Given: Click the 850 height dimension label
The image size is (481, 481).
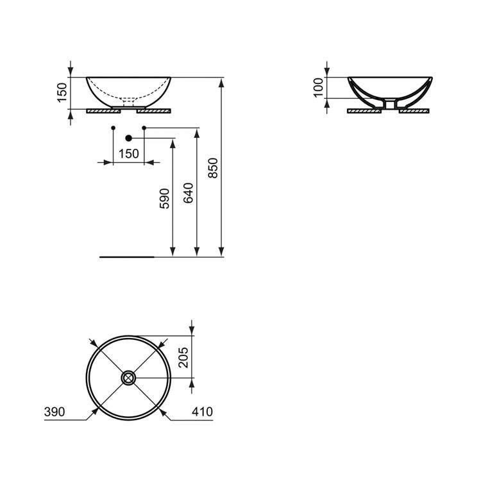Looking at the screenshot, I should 214,167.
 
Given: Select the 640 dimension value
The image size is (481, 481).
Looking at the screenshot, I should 188,193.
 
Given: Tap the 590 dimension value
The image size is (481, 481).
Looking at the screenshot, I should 164,199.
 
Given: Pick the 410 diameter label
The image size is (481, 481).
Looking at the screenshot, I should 202,411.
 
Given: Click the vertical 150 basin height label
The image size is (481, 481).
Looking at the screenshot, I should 62,92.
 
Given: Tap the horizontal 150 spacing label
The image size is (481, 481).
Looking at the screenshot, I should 128,153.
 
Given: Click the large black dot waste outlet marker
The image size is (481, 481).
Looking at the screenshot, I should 128,138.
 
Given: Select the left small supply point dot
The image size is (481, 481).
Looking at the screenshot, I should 113,128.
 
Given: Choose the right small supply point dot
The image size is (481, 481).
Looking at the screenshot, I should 144,128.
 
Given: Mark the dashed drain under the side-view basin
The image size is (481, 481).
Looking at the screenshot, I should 128,101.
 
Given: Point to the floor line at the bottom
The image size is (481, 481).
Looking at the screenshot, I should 127,257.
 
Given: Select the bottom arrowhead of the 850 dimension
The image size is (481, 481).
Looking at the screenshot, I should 221,251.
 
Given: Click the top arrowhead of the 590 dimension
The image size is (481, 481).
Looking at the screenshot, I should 173,142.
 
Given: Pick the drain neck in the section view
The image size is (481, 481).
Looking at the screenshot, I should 389,103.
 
